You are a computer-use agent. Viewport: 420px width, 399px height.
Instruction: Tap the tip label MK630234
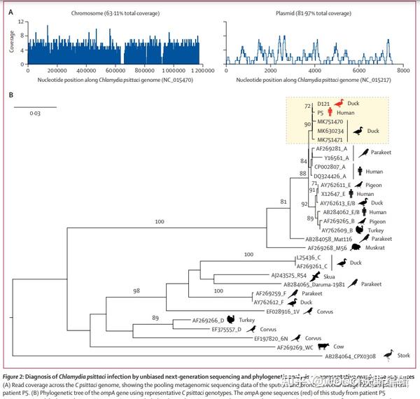click(330, 130)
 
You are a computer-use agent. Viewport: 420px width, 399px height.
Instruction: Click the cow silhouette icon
click(325, 346)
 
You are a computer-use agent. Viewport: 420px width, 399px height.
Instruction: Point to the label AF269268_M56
click(328, 247)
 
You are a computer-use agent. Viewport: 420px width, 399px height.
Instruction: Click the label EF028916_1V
click(283, 311)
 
